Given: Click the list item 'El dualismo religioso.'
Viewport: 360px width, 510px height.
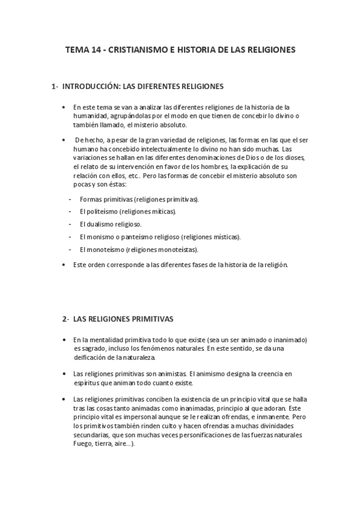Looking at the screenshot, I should tap(110, 224).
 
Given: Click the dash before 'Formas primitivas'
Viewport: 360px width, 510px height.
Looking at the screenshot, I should tap(70, 199).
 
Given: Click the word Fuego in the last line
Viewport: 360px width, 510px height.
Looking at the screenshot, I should tap(82, 444).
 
